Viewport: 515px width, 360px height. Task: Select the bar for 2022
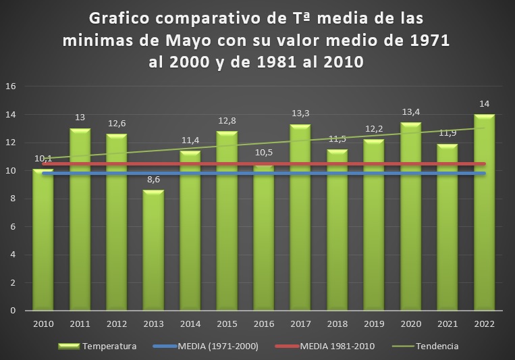coord(484,212)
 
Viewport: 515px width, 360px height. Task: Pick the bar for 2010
coord(43,240)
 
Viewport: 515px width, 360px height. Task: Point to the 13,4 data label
coord(410,112)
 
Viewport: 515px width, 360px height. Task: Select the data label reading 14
coord(484,104)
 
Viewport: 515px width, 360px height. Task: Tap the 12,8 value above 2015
coord(226,121)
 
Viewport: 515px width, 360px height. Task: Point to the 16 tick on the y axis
coord(10,86)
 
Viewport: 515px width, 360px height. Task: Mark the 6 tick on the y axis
coord(13,226)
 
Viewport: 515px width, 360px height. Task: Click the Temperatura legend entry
coord(109,346)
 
